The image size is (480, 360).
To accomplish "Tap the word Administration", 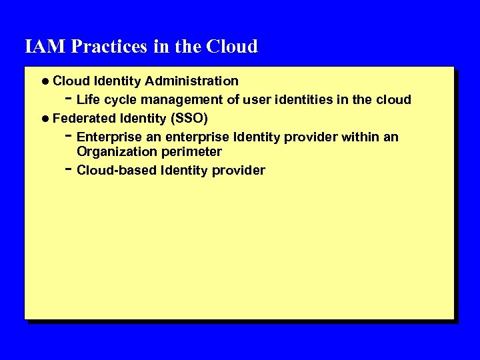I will pos(192,81).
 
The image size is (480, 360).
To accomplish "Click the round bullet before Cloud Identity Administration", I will pos(44,81).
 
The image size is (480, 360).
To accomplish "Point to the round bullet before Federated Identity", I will pos(44,119).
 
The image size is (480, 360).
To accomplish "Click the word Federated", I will pos(84,119).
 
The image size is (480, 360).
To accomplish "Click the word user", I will pos(255,100).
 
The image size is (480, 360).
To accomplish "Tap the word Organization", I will pos(116,151).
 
